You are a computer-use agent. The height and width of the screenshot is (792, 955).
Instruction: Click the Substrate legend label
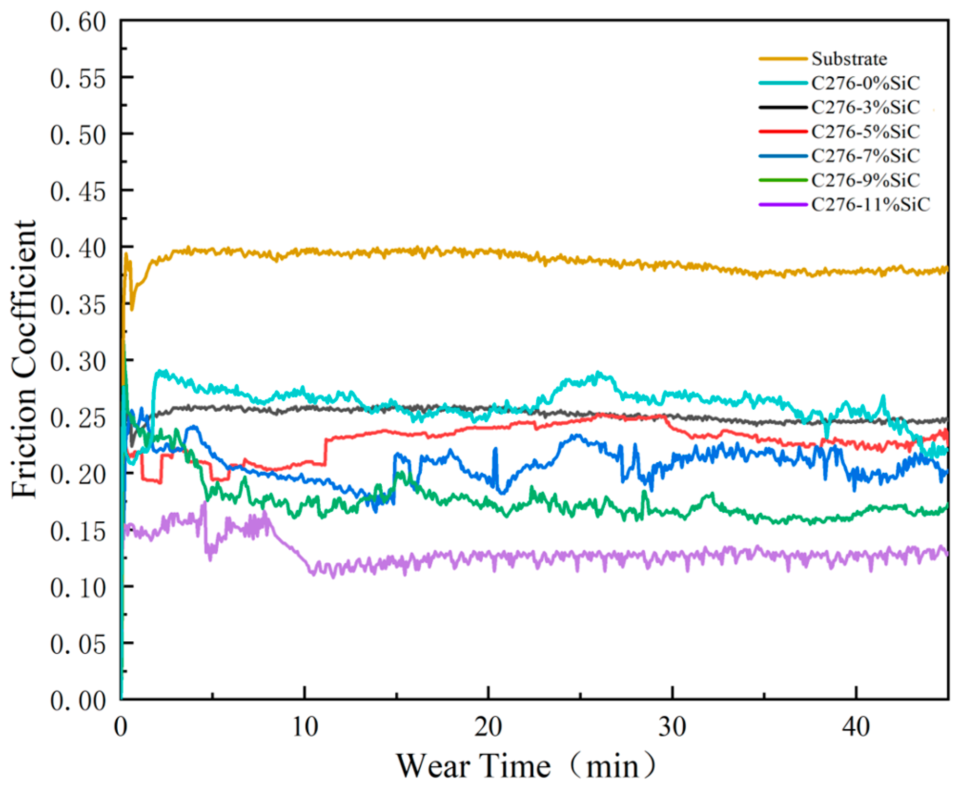click(849, 59)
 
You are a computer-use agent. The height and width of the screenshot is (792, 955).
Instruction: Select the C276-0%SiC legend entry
click(865, 83)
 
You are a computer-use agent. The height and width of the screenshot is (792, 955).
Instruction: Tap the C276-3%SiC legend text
click(865, 108)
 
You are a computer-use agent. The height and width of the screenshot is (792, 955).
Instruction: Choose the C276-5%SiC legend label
click(865, 132)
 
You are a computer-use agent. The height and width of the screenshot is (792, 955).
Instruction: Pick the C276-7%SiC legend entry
click(865, 156)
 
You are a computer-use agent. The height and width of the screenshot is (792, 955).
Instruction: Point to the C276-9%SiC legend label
click(865, 181)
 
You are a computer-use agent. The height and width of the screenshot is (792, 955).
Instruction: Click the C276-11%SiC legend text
click(870, 205)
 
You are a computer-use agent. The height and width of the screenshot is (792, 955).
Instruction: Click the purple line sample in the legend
click(782, 205)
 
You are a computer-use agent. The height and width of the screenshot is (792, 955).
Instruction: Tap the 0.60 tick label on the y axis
click(78, 22)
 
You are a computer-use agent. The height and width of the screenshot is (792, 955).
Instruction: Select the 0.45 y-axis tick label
click(78, 192)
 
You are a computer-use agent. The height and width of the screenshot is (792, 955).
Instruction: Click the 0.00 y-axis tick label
click(78, 701)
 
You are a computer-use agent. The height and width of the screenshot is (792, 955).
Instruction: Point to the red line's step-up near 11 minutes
click(326, 450)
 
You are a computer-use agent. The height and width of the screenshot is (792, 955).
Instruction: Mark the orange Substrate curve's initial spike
click(126, 255)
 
